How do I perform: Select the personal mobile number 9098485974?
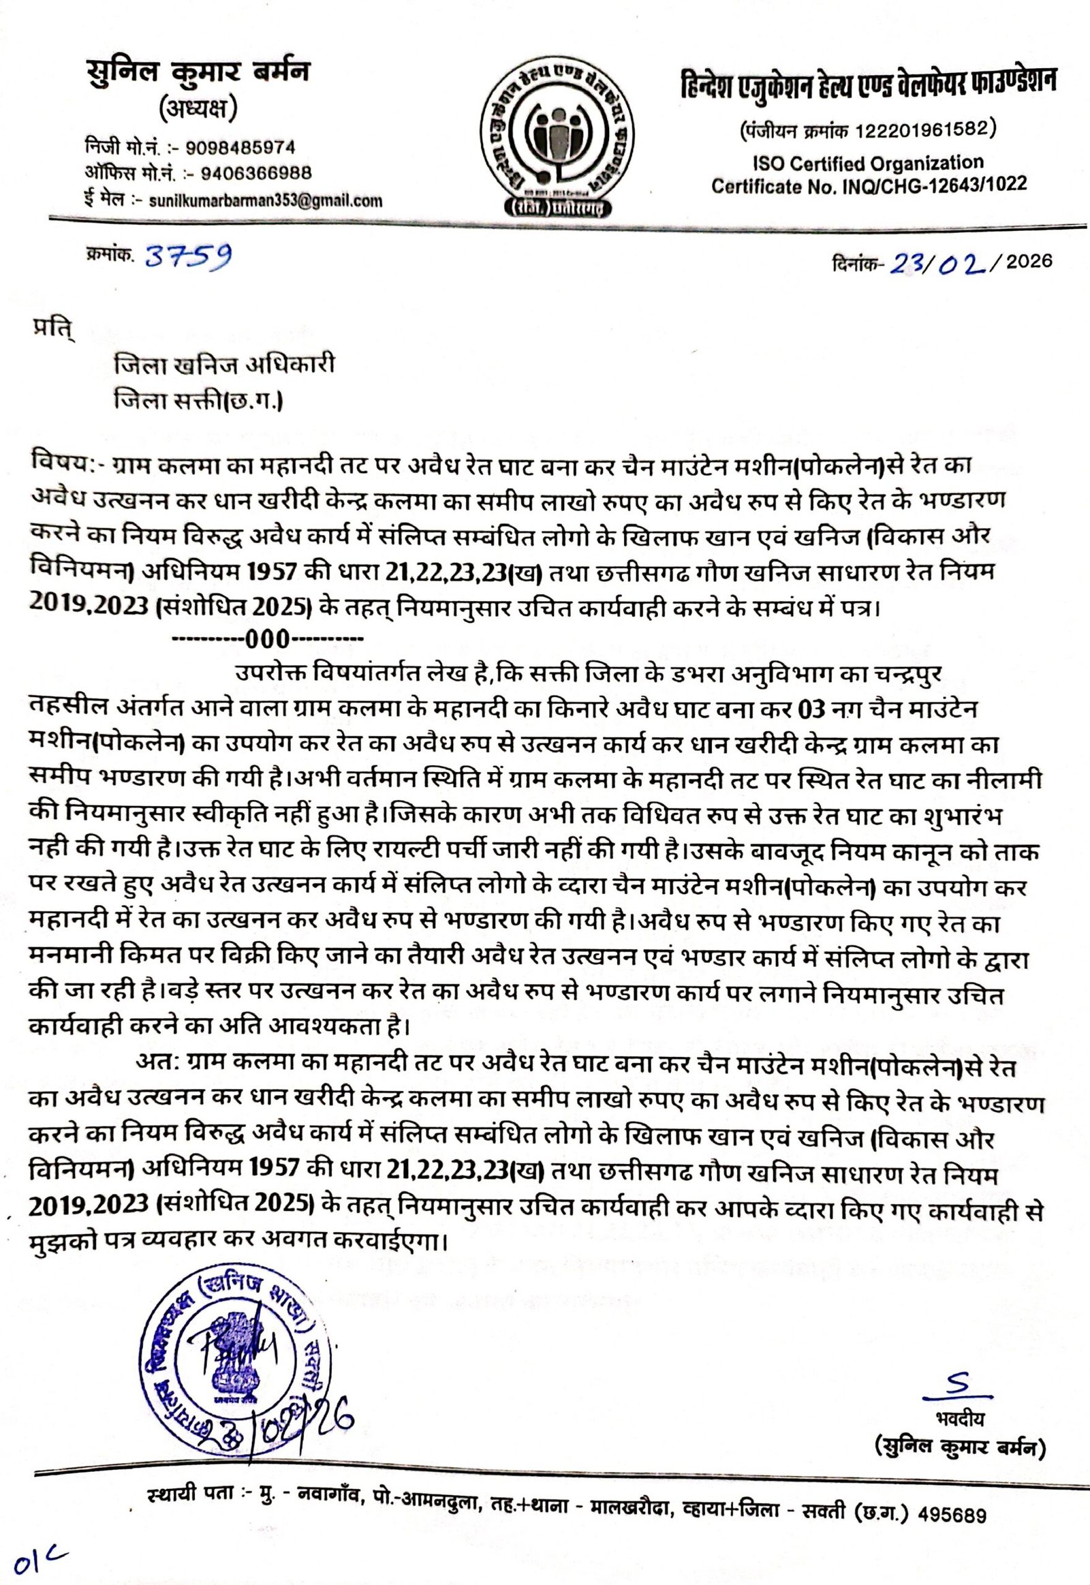point(240,148)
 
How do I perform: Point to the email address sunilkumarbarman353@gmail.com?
point(266,200)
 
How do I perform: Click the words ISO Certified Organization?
point(868,164)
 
